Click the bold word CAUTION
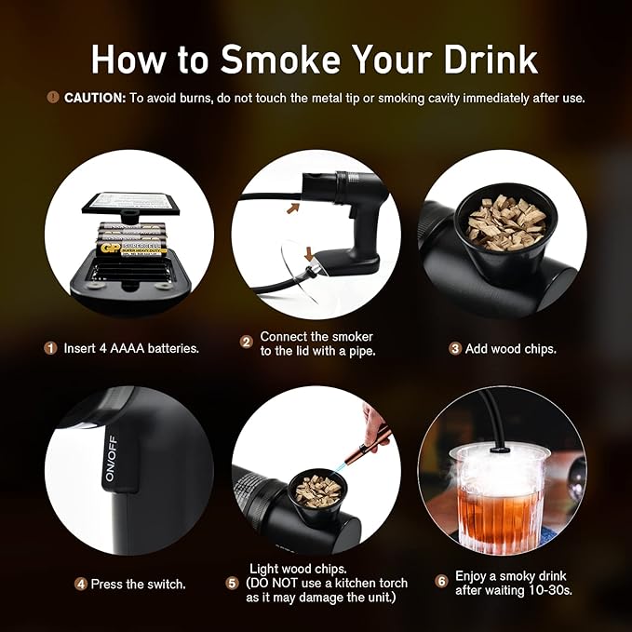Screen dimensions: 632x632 (x=94, y=98)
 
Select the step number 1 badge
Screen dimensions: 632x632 (x=50, y=348)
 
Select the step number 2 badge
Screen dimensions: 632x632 (x=247, y=342)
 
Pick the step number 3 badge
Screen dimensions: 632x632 (x=455, y=348)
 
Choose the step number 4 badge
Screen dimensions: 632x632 (x=81, y=585)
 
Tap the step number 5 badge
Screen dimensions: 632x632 (x=232, y=584)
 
